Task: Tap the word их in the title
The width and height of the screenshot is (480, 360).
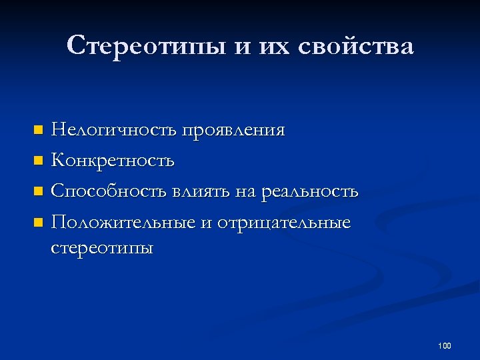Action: [273, 47]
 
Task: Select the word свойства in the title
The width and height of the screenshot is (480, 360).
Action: [356, 47]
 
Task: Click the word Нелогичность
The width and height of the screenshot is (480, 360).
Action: [115, 129]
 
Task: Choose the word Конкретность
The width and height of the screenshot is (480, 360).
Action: [113, 161]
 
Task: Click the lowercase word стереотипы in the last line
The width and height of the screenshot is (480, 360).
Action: [102, 249]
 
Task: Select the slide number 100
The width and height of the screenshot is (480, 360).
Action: [445, 345]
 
